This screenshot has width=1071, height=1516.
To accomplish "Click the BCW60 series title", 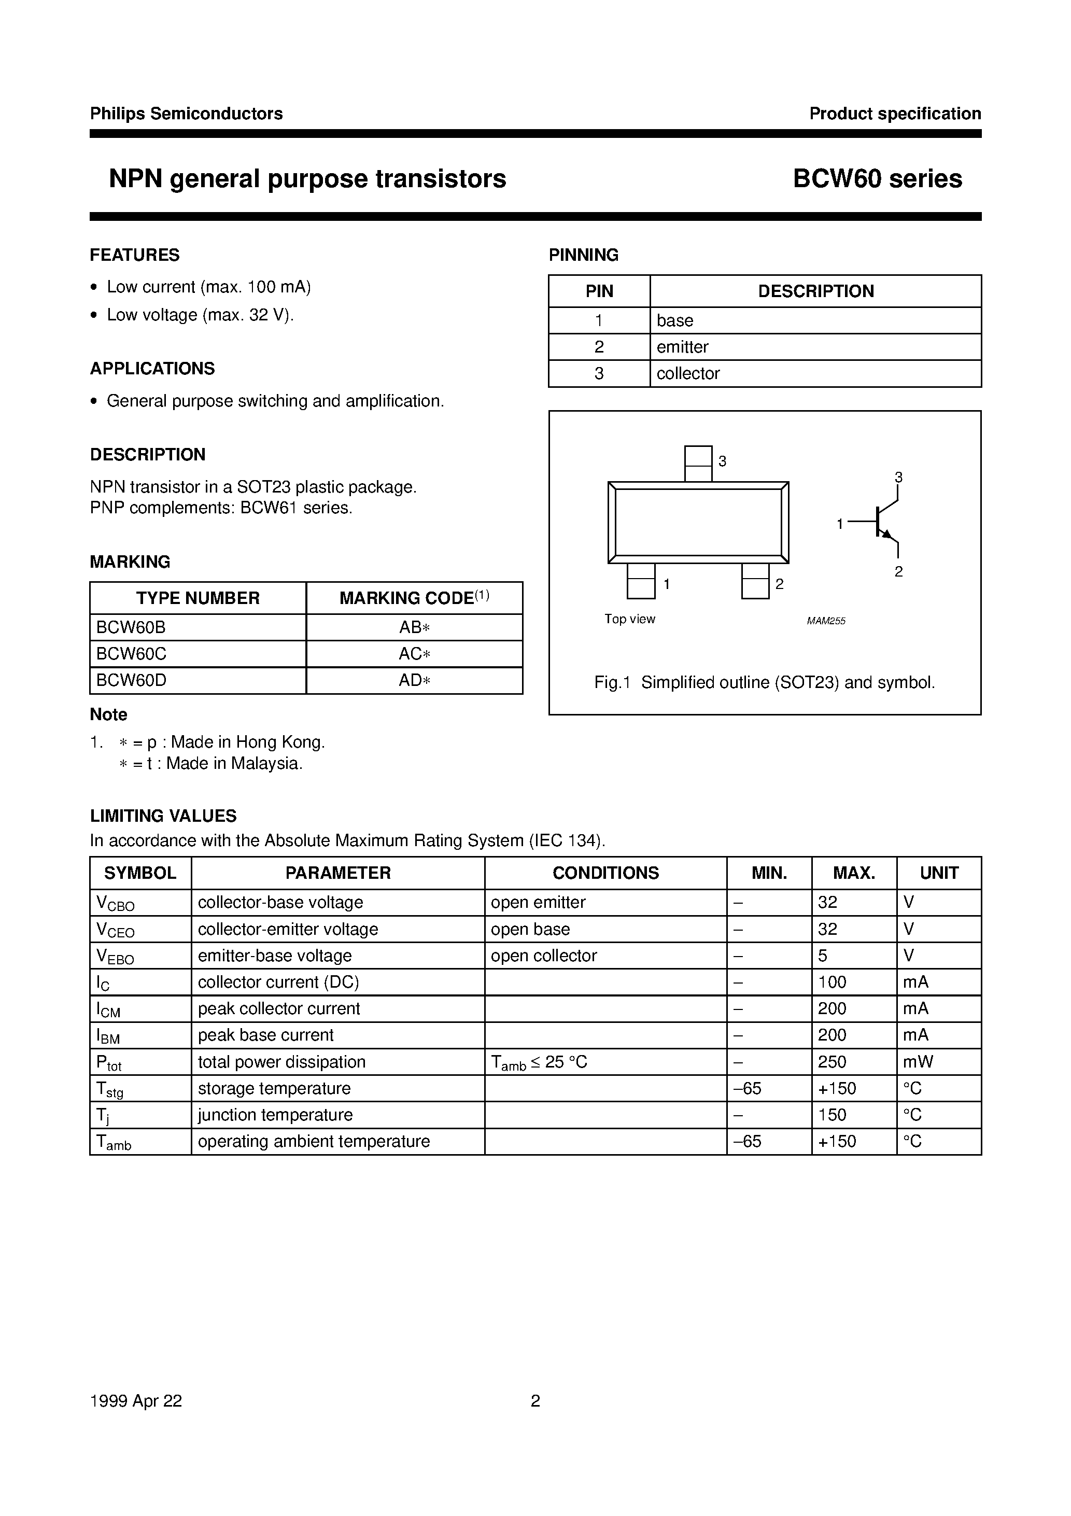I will pyautogui.click(x=877, y=179).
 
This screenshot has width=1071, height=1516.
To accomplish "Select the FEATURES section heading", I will pyautogui.click(x=135, y=255).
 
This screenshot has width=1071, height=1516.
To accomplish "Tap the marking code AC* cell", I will pyautogui.click(x=414, y=654).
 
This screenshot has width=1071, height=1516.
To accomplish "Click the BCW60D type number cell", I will pyautogui.click(x=131, y=680).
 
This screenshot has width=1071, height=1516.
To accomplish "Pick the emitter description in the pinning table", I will pyautogui.click(x=682, y=347).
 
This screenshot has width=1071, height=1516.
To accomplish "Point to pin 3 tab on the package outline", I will pyautogui.click(x=698, y=464).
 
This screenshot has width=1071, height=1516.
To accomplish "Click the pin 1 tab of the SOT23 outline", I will pyautogui.click(x=641, y=581).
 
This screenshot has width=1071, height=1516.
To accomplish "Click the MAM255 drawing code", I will pyautogui.click(x=825, y=621).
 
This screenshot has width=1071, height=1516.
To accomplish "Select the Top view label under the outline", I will pyautogui.click(x=629, y=619).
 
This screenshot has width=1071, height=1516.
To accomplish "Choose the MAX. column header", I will pyautogui.click(x=854, y=873).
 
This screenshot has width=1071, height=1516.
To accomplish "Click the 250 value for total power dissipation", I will pyautogui.click(x=832, y=1062).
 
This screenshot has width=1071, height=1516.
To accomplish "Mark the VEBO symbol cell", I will pyautogui.click(x=116, y=957).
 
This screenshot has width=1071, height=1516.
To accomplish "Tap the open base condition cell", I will pyautogui.click(x=530, y=929).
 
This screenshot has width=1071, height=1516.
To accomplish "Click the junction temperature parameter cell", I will pyautogui.click(x=275, y=1115).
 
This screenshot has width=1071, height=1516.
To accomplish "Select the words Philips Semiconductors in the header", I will pyautogui.click(x=186, y=114).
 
